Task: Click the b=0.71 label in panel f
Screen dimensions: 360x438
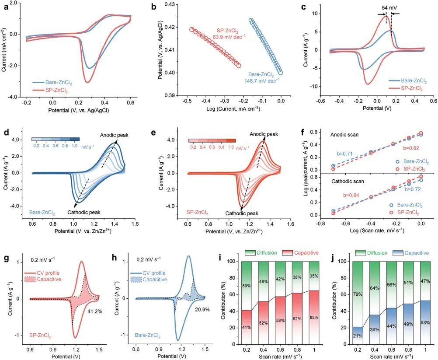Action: coord(344,154)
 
